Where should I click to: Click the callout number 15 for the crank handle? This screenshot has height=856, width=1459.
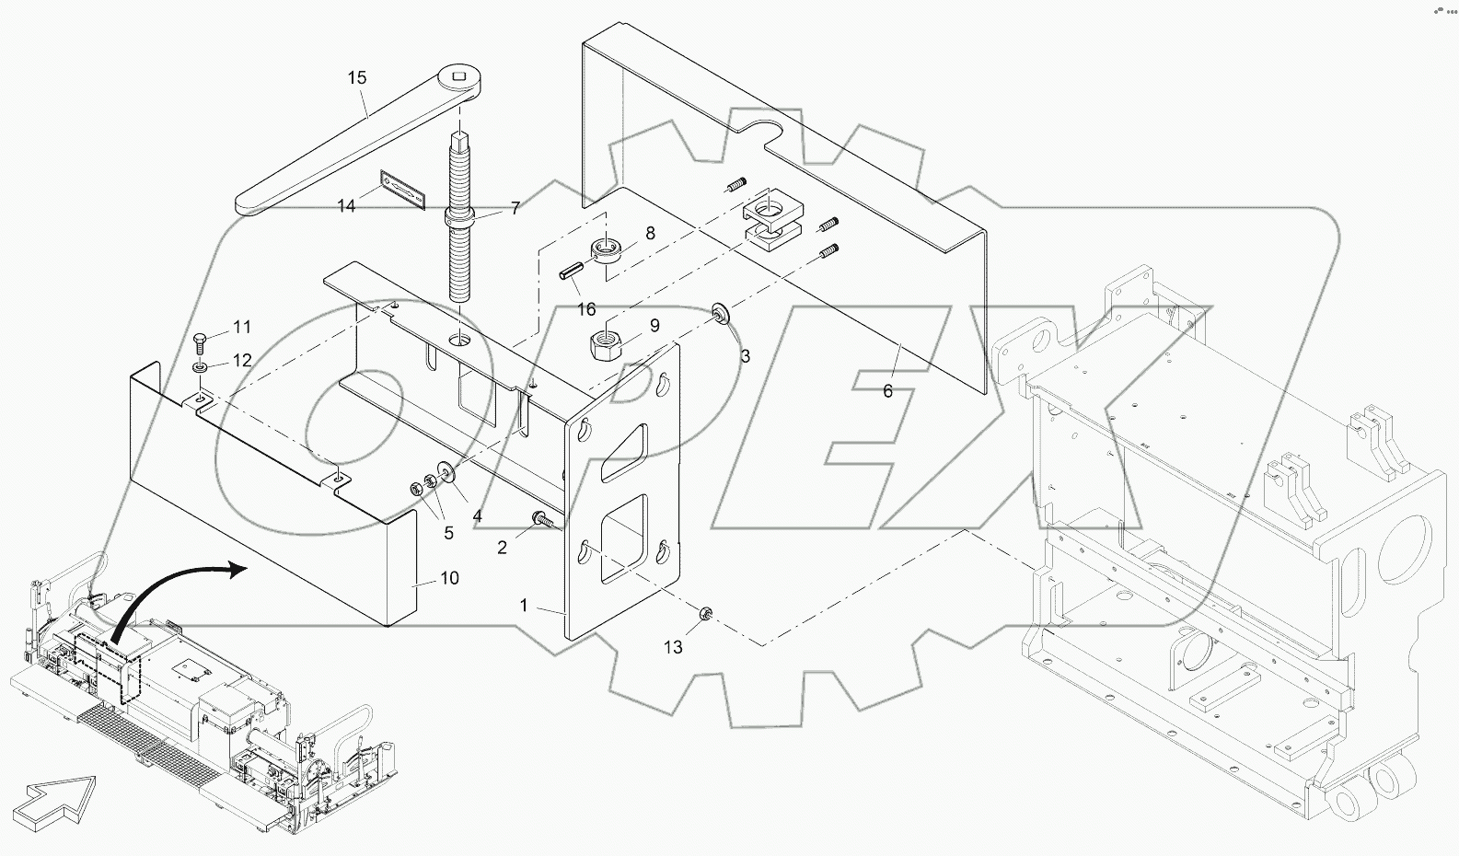pyautogui.click(x=357, y=78)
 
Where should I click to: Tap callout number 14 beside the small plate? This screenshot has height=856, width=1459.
pyautogui.click(x=346, y=206)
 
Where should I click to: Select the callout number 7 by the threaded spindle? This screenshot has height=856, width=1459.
pyautogui.click(x=515, y=208)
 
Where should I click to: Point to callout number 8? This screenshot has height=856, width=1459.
pyautogui.click(x=650, y=234)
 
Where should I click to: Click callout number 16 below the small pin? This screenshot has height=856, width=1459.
pyautogui.click(x=586, y=309)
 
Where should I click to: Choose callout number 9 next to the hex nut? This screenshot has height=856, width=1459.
pyautogui.click(x=654, y=326)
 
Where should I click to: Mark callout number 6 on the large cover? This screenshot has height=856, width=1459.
pyautogui.click(x=887, y=391)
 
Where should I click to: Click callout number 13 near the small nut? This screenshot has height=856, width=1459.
pyautogui.click(x=674, y=647)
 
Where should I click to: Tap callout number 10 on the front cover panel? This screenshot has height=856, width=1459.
pyautogui.click(x=450, y=578)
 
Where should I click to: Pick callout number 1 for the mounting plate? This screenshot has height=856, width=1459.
pyautogui.click(x=524, y=606)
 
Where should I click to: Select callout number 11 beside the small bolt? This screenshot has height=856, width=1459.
pyautogui.click(x=241, y=327)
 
